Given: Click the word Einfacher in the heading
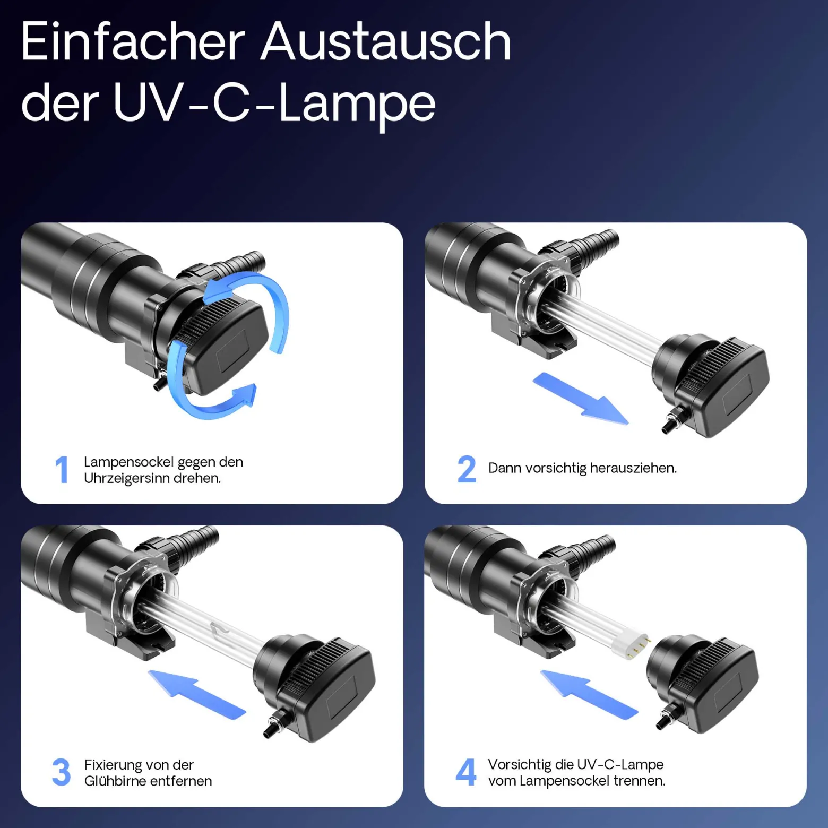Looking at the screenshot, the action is click(x=133, y=42).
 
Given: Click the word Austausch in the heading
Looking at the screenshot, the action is click(x=386, y=42).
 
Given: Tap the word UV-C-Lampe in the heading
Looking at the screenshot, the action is click(x=274, y=104).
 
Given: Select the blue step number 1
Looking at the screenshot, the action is click(x=62, y=470).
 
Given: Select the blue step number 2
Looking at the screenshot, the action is click(x=467, y=469).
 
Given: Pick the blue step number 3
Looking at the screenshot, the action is click(x=62, y=772).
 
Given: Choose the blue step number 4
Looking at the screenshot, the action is click(x=466, y=772).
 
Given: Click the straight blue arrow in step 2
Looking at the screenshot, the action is click(x=580, y=399).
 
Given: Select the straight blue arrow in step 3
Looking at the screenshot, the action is click(x=197, y=695).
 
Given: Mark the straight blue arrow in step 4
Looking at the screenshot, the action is click(x=589, y=695).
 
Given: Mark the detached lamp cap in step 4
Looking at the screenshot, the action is click(x=702, y=685).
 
